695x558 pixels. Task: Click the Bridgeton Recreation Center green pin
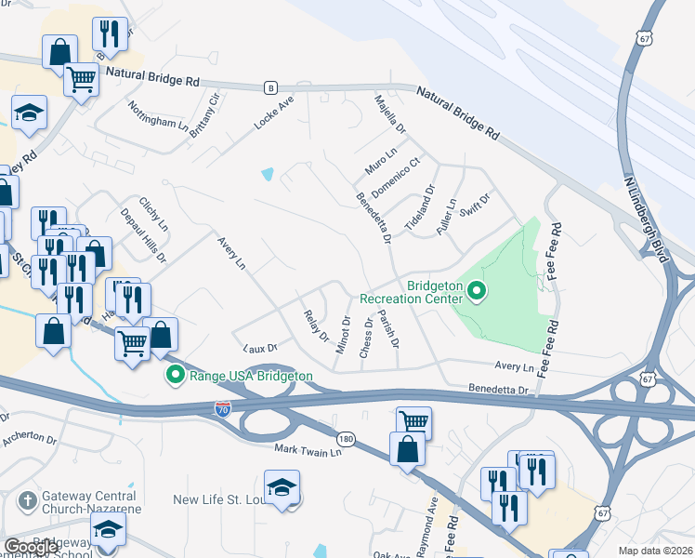477,292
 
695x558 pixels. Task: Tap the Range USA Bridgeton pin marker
173,376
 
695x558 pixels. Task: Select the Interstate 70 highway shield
222,408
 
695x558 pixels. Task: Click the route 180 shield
346,437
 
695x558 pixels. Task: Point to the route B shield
270,86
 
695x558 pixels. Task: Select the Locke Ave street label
274,112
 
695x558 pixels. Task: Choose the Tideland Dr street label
419,209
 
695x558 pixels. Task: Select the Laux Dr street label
260,348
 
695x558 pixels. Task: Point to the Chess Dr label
366,337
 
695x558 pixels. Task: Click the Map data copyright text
656,551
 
